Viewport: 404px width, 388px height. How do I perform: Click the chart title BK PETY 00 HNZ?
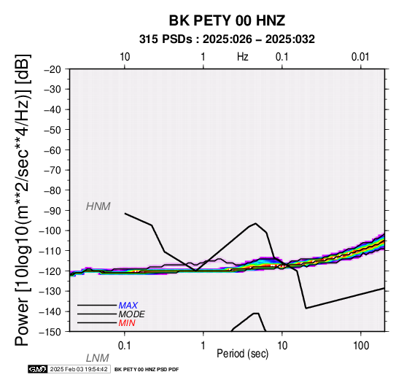(227, 20)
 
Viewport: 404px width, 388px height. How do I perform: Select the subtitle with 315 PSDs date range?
(227, 39)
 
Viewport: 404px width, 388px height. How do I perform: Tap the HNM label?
(98, 206)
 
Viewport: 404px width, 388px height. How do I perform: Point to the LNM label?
(98, 358)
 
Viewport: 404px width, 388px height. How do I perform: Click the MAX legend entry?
(128, 306)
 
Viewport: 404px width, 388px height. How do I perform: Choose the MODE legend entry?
(132, 314)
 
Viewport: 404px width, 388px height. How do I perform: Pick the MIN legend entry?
(127, 323)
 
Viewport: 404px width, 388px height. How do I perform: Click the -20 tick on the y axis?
(53, 69)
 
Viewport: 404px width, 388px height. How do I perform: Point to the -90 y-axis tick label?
(53, 211)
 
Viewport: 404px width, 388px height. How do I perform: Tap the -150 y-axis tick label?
(50, 332)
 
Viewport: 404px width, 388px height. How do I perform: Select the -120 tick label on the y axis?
(50, 271)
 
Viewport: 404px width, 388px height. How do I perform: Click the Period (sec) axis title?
(242, 354)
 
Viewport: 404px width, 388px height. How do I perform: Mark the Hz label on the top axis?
(242, 56)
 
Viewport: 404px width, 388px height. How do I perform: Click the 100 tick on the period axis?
(361, 345)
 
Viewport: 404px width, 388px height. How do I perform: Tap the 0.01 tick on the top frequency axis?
(360, 56)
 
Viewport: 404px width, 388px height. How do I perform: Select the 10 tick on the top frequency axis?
(125, 56)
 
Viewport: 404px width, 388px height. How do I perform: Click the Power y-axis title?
(23, 200)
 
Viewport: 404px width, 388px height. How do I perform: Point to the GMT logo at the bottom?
(38, 369)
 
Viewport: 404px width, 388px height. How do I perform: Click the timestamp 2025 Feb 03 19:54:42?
(79, 369)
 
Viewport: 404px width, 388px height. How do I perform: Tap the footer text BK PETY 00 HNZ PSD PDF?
(147, 370)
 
